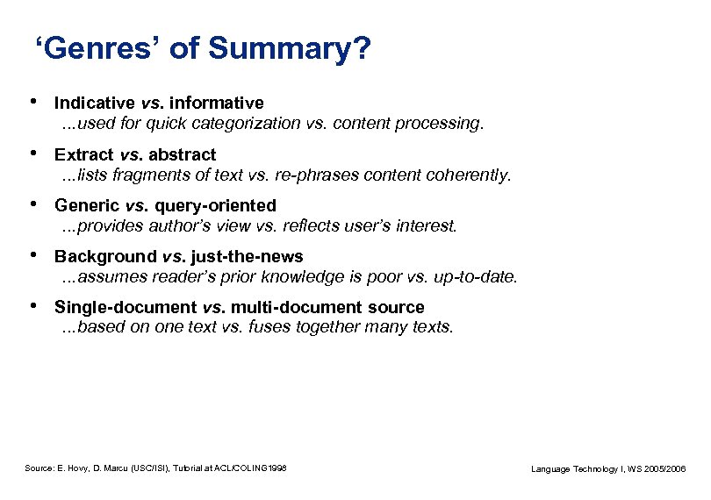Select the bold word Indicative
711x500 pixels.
coord(94,104)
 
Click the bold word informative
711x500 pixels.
coord(219,104)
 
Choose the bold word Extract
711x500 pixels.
coord(84,154)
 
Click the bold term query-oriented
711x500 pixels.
coord(215,206)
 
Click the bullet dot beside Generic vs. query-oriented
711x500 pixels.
coord(32,205)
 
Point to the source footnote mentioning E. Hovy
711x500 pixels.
coord(155,469)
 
